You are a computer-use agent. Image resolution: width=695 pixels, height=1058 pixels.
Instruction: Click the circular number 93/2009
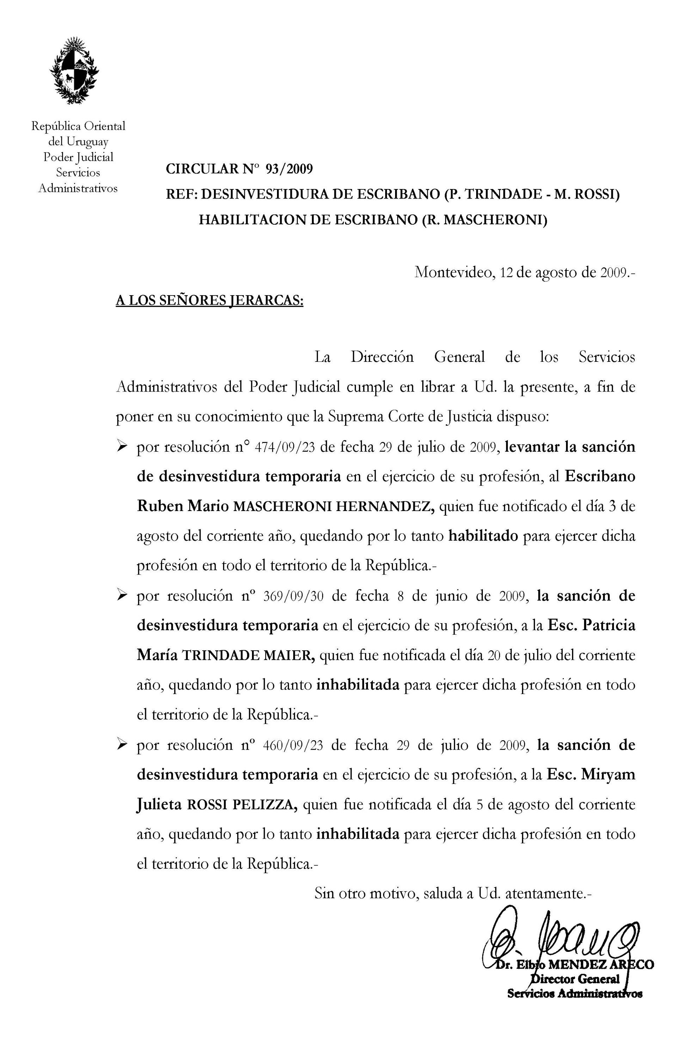pos(289,169)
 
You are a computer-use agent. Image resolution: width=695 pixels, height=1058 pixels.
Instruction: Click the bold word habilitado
pos(483,536)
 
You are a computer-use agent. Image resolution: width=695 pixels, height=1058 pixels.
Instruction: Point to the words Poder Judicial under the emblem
pos(78,157)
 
